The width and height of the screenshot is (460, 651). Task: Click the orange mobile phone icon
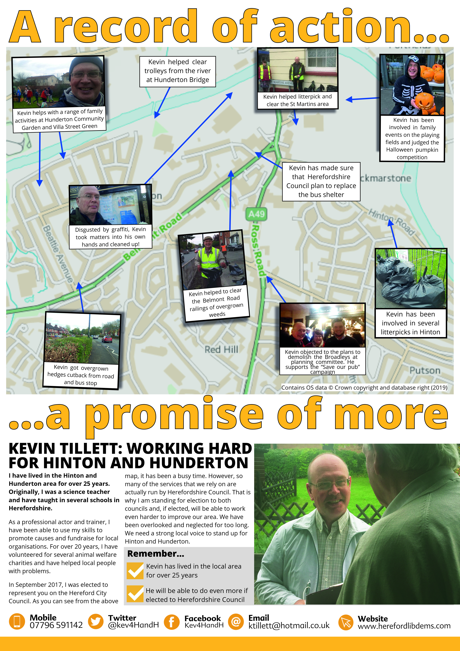17,621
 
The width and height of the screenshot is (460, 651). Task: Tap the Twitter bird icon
96,621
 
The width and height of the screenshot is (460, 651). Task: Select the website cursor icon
346,622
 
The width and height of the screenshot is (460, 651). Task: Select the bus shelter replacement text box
321,181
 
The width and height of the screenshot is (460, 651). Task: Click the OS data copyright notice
364,388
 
